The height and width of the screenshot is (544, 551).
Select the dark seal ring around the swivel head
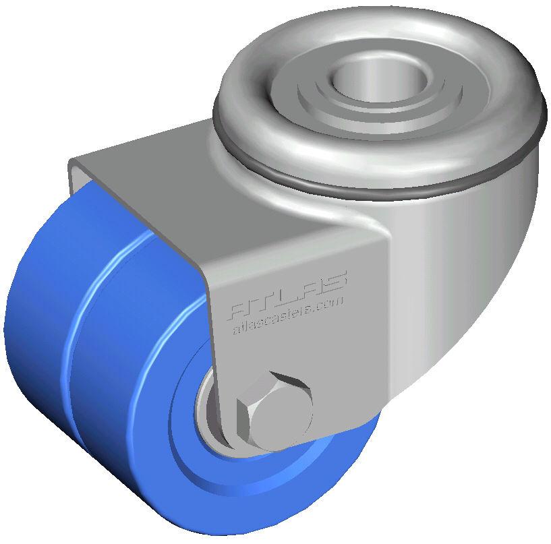(x=378, y=181)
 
